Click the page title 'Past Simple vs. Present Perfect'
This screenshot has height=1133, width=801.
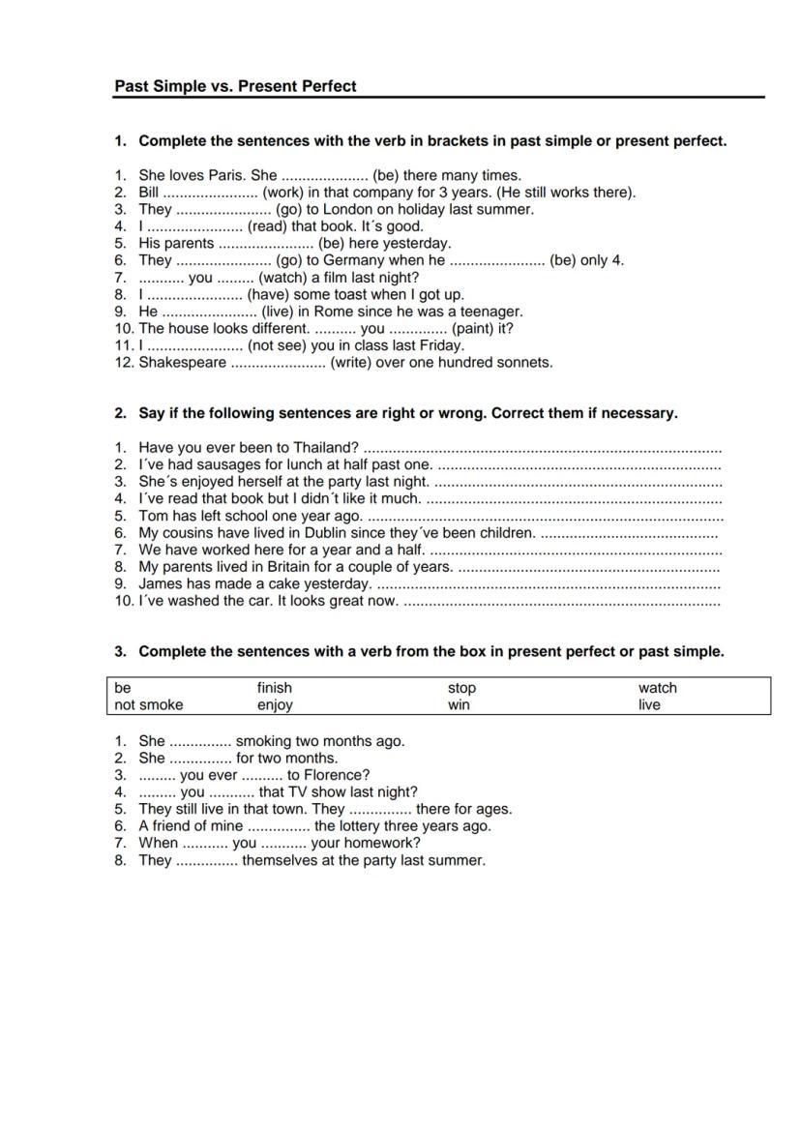(x=235, y=86)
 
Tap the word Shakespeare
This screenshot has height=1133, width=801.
(x=183, y=363)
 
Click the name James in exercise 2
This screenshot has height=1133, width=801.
(x=161, y=584)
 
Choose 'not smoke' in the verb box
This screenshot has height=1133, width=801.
(x=148, y=705)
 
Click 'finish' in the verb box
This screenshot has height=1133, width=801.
(x=275, y=688)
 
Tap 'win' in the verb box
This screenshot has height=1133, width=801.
(x=459, y=705)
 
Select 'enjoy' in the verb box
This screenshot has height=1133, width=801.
(x=275, y=705)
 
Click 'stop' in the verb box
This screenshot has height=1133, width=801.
(x=461, y=688)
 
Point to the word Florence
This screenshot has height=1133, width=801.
(x=335, y=775)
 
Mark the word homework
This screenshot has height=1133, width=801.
(x=378, y=843)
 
